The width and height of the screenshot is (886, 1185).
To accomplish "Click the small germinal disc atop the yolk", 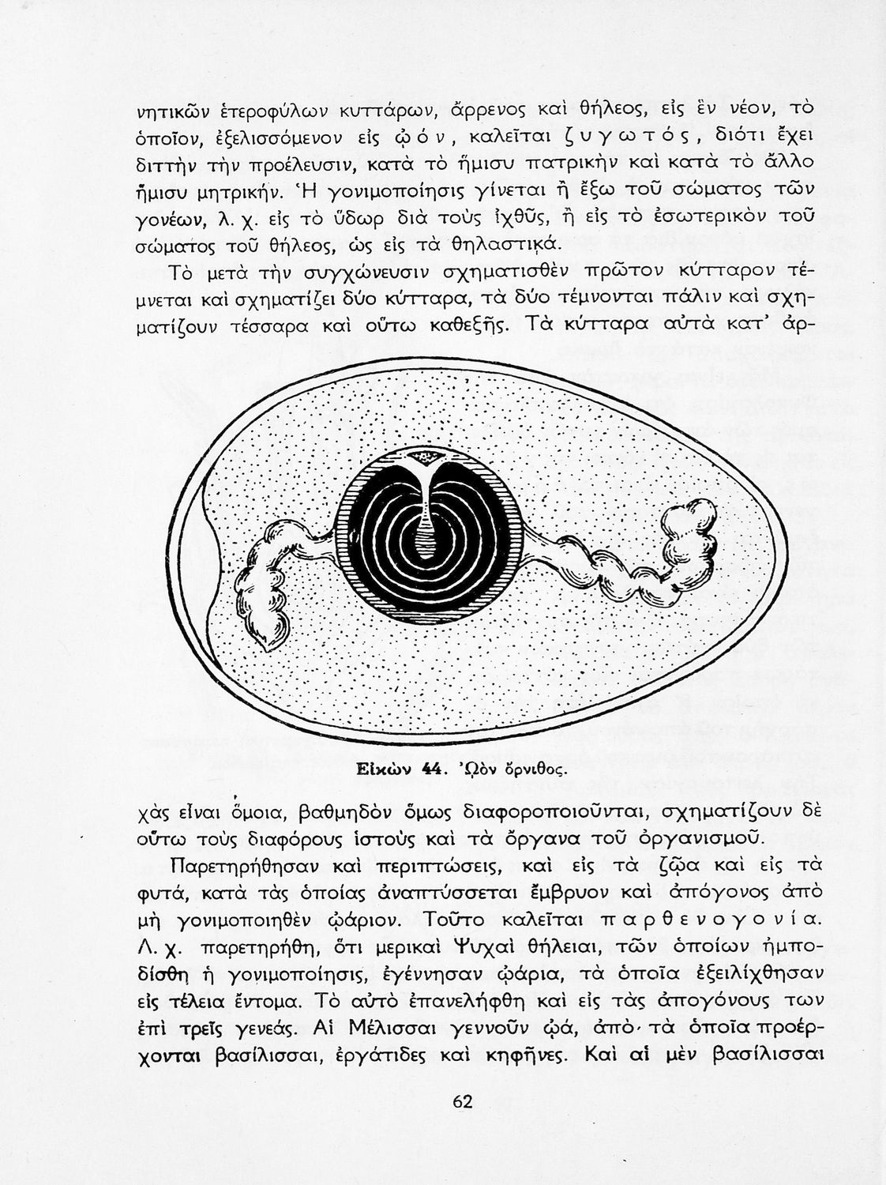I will pyautogui.click(x=430, y=457).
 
